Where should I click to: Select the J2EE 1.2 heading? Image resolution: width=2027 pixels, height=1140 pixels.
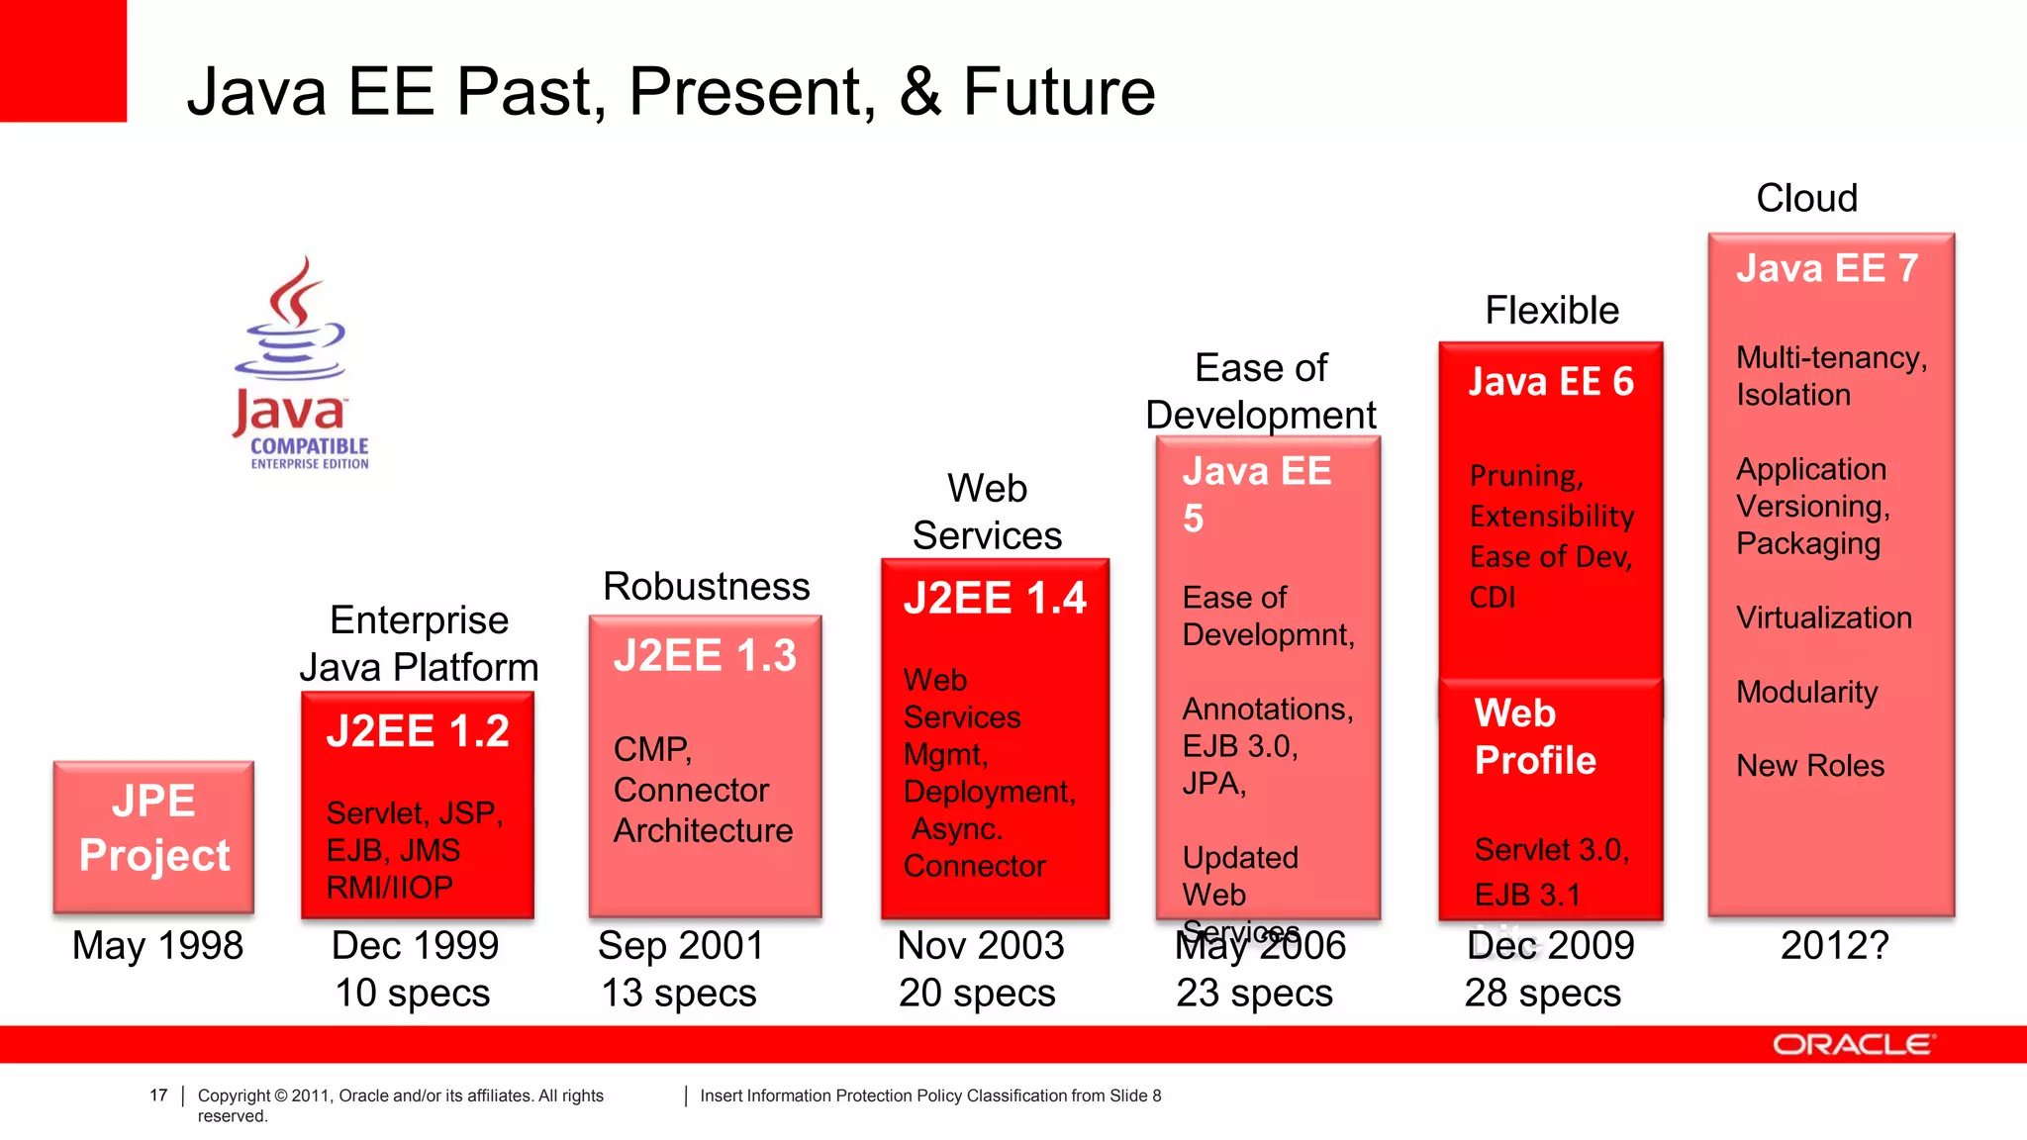point(418,732)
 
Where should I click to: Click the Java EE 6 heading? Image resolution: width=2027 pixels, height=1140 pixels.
point(1550,383)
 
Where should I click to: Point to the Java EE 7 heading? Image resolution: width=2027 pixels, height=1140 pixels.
point(1827,269)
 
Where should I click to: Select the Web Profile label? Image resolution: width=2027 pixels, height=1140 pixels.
point(1534,737)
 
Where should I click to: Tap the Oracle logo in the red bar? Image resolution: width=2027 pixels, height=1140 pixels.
point(1852,1045)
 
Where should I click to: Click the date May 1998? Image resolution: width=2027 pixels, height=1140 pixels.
point(157,946)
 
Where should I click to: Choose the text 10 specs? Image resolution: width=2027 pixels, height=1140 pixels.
point(413,994)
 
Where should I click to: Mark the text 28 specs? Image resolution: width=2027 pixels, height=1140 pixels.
point(1543,994)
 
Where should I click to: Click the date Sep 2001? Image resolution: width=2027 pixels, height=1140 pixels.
point(681,946)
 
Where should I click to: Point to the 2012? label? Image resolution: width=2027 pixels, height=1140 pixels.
point(1834,946)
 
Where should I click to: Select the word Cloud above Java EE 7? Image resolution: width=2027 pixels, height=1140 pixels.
point(1806,199)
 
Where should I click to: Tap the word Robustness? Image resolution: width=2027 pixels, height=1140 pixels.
point(706,587)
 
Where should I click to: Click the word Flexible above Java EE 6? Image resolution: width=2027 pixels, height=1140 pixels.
point(1552,312)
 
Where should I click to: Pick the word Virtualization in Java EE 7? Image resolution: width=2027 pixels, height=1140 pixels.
point(1823,618)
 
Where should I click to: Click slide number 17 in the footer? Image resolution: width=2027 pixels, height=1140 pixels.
point(158,1095)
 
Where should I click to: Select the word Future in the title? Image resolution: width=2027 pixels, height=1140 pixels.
point(1059,92)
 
